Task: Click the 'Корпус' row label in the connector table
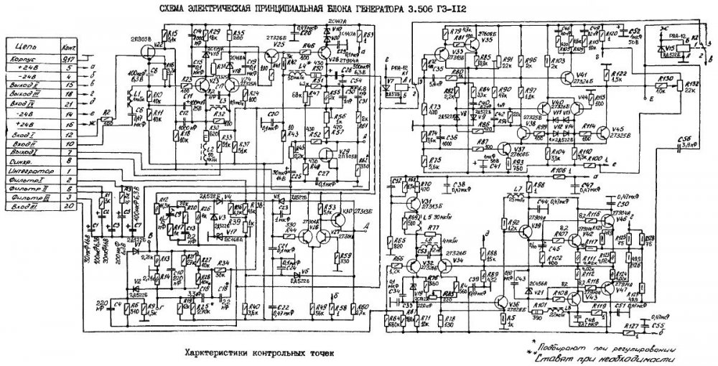point(29,57)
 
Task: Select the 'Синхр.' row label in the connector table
point(29,161)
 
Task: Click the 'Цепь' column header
point(29,43)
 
